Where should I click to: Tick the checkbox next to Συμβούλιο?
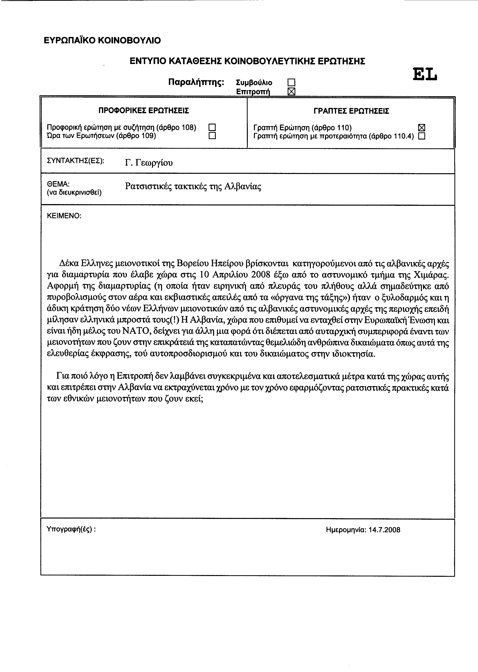point(291,82)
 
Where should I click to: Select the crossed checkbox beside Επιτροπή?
point(291,92)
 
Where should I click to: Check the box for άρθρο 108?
point(212,127)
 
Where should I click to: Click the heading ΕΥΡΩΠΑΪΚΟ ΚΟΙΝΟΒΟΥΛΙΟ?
point(102,40)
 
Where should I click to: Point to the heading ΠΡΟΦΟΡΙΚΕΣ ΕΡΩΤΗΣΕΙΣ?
point(144,111)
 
